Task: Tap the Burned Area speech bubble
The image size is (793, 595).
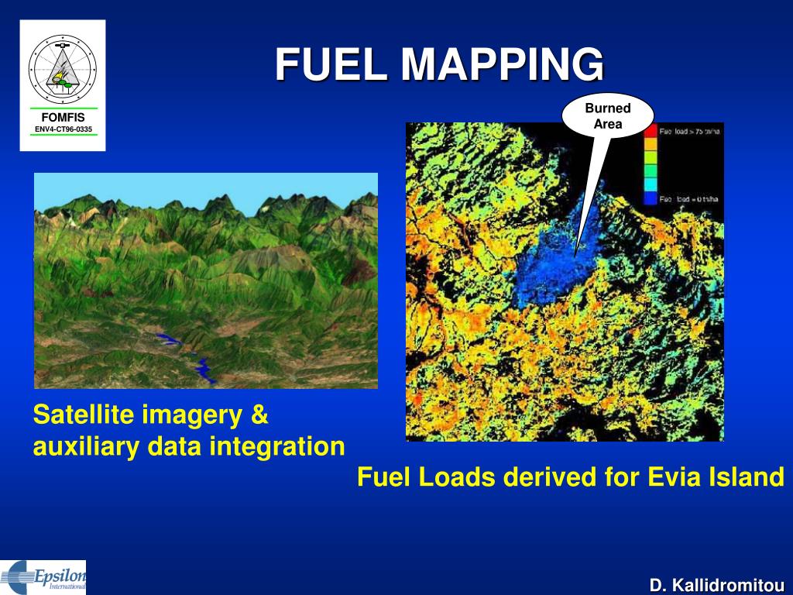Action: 608,116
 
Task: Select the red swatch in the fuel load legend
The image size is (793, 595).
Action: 650,131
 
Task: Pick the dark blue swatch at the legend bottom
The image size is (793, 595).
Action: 650,198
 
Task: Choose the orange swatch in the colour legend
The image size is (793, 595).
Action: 650,143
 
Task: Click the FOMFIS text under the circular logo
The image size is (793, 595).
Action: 64,117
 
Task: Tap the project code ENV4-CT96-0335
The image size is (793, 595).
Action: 64,128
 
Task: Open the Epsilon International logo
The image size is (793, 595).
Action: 43,577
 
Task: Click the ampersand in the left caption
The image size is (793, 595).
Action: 259,415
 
